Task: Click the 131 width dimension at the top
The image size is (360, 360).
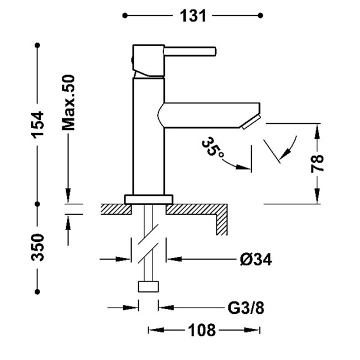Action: tap(193, 15)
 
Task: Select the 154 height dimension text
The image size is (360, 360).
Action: tap(38, 124)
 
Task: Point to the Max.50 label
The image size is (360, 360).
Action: tap(68, 102)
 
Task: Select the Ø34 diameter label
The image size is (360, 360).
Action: tap(255, 259)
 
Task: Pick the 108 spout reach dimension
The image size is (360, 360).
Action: tap(202, 330)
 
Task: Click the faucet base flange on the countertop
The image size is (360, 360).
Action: tap(148, 199)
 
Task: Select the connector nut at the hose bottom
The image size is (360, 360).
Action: tap(148, 287)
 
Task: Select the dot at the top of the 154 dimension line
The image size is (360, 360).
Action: tap(37, 45)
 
